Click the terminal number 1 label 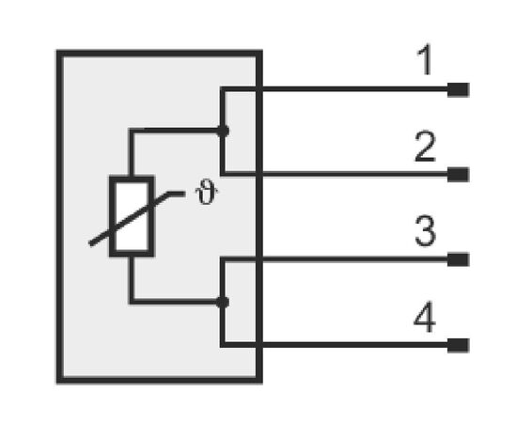coord(425,60)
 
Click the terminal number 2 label coord(425,147)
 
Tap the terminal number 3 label coord(425,231)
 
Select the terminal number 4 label coord(425,317)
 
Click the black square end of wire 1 coord(459,89)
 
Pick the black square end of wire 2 coord(459,175)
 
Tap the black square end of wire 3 coord(459,259)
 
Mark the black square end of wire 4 coord(459,345)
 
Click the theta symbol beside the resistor coord(207,192)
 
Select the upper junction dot coord(223,132)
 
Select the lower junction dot coord(223,303)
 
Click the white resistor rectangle coord(132,216)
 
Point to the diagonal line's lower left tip coord(90,244)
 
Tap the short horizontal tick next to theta coord(177,195)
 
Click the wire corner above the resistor coord(132,132)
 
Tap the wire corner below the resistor coord(132,302)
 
